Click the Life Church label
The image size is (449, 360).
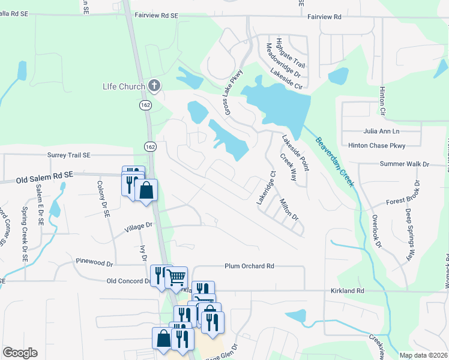[123, 86]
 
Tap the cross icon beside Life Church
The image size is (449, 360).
[154, 86]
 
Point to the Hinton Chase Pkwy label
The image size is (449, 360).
[376, 145]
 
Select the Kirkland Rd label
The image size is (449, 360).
[347, 290]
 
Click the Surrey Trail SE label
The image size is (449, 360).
[69, 155]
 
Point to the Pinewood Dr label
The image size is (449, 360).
[94, 262]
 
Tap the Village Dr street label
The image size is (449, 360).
[139, 227]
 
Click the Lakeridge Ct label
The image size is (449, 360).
[267, 188]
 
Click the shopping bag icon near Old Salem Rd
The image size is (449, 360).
[146, 191]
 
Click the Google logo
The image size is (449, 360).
[20, 353]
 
